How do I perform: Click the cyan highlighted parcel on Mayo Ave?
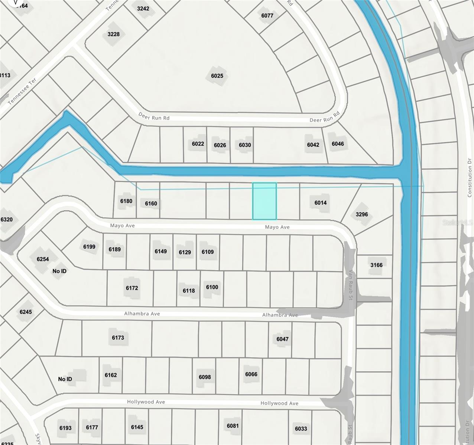(264, 201)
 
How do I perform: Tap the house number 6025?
(217, 76)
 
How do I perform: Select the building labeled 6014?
(320, 203)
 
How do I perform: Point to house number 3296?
(361, 214)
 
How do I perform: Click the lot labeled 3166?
(376, 265)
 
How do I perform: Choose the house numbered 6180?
(126, 201)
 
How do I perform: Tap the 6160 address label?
(151, 204)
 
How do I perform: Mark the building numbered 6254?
(43, 259)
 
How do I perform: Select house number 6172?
(132, 288)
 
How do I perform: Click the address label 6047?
(282, 339)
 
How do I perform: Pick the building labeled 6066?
(251, 374)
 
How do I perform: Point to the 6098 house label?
(205, 377)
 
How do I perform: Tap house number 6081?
(233, 426)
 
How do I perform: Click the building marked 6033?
(301, 429)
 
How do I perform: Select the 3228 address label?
(113, 34)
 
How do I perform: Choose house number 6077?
(267, 16)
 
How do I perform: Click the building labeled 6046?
(338, 144)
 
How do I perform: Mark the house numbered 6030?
(245, 145)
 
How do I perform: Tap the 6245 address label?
(26, 312)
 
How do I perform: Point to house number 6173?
(118, 338)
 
